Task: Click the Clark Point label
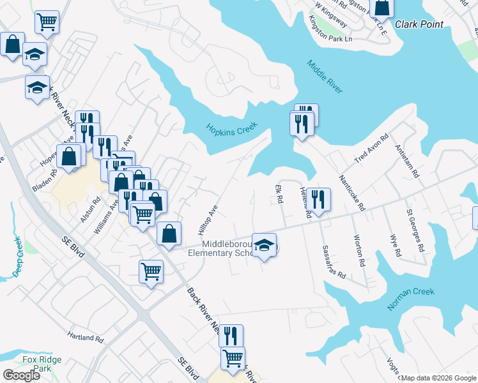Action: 419,25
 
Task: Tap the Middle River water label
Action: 325,77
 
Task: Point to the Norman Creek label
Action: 411,299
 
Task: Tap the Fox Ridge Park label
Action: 42,364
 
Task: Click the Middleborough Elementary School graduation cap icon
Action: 263,245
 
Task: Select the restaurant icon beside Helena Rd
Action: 320,199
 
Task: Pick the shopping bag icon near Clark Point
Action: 382,7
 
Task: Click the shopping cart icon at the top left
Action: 47,22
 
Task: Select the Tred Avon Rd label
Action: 372,149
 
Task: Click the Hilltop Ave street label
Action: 208,219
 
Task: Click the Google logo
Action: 21,375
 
